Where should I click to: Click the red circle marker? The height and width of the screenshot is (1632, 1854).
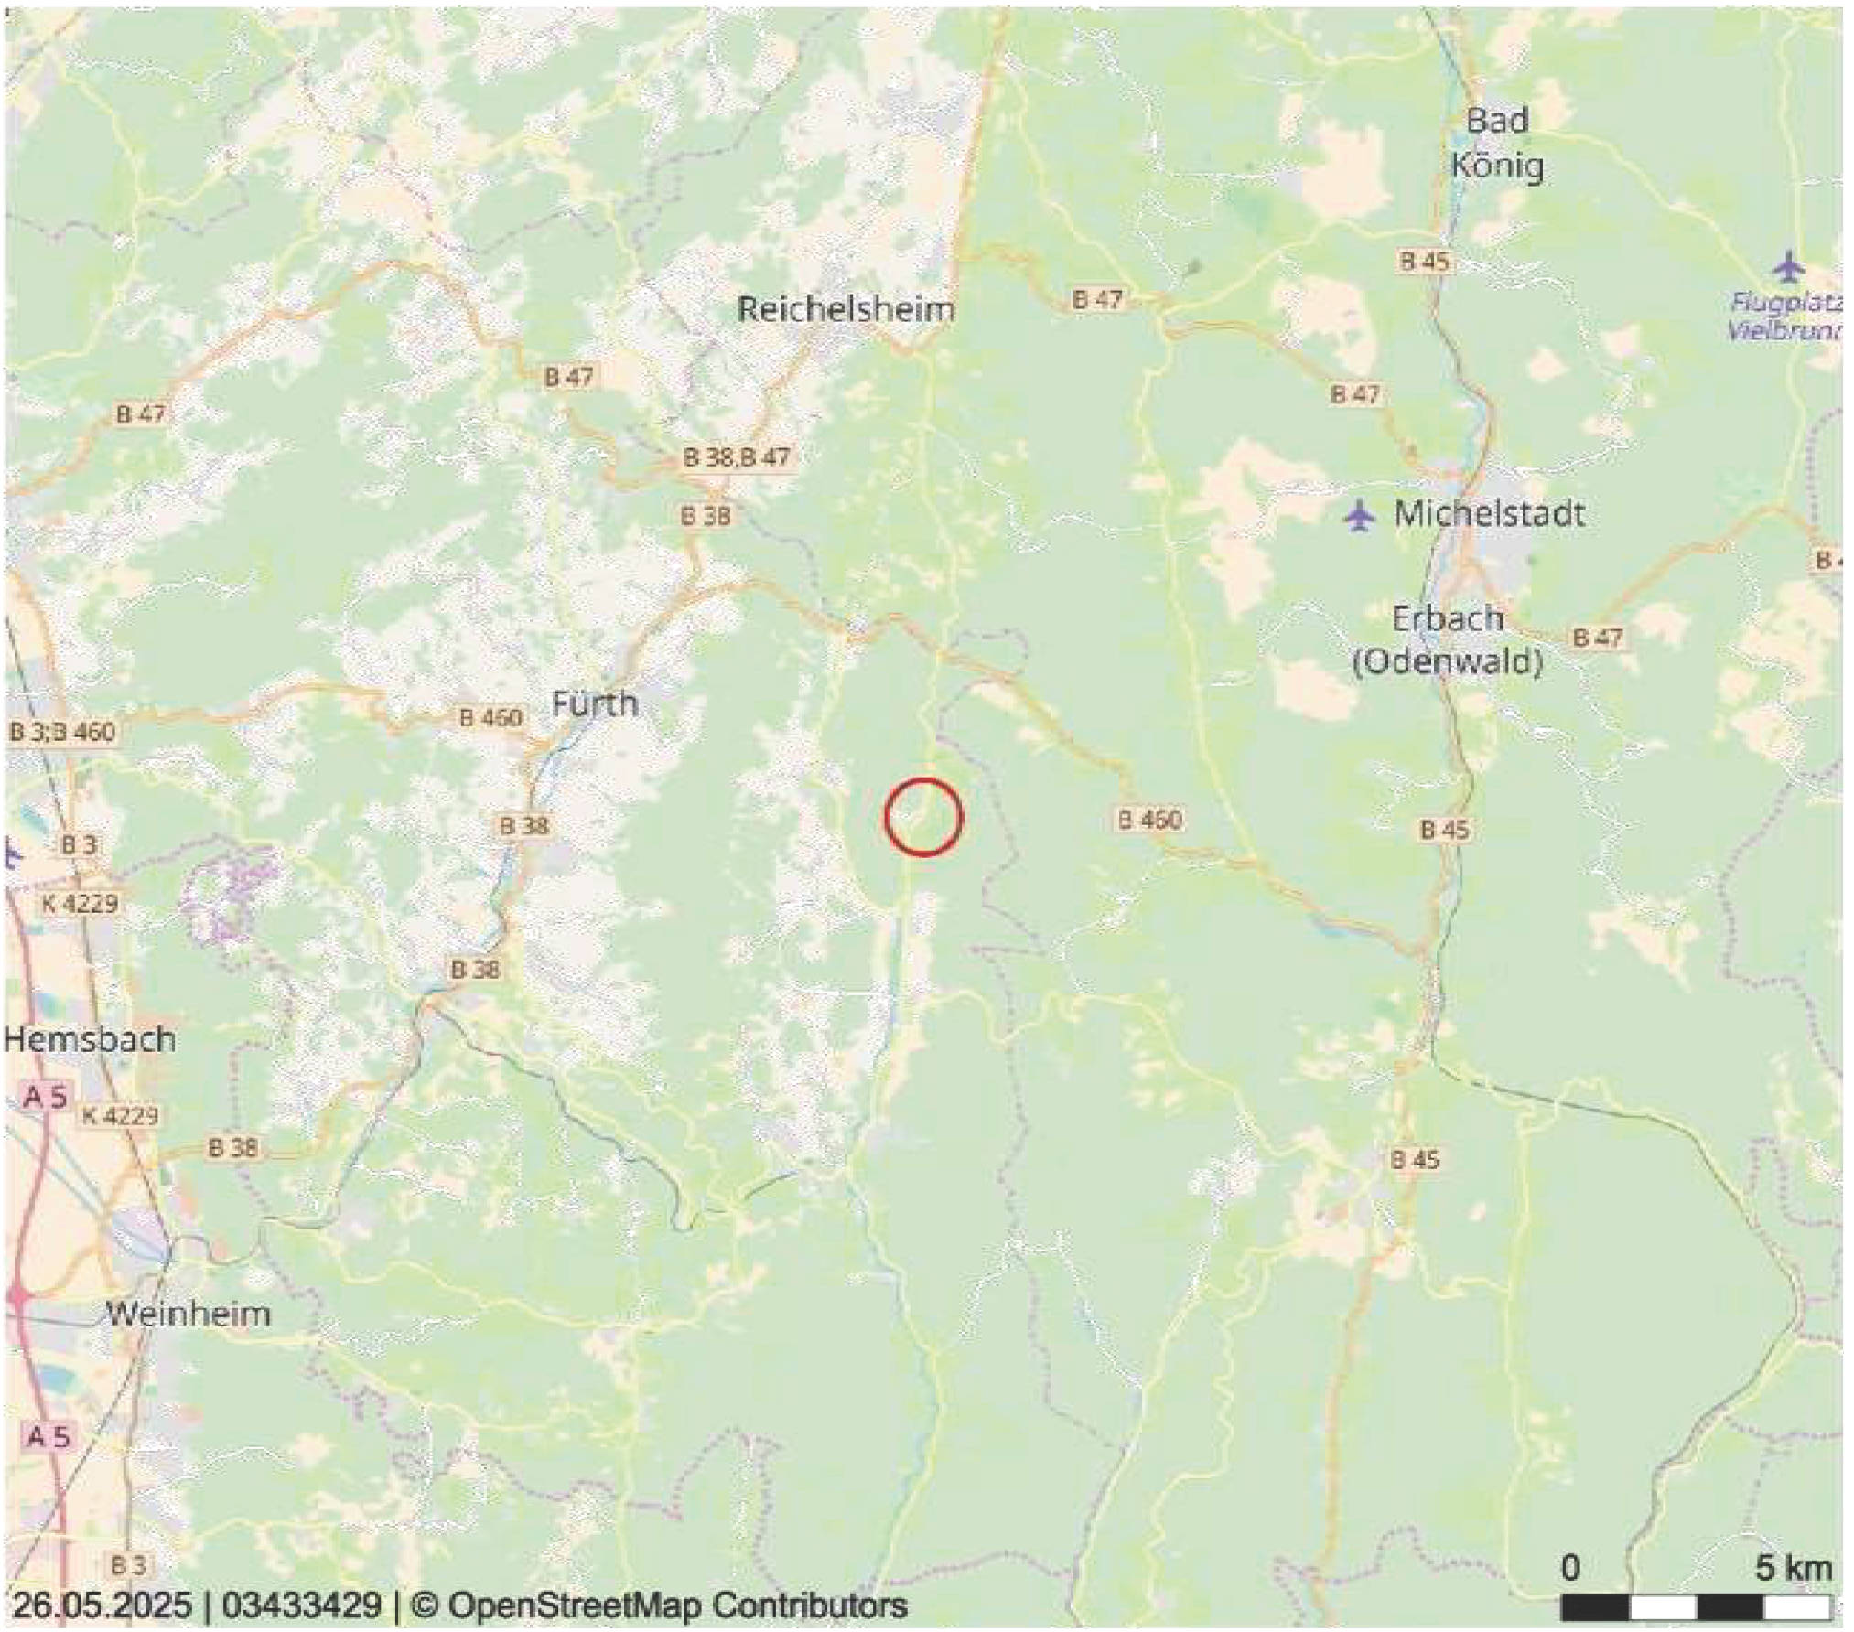pos(923,817)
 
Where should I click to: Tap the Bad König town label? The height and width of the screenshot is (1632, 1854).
pos(1497,144)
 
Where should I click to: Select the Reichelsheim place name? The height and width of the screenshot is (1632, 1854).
pos(846,309)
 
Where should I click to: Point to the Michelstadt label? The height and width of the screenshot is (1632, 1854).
pos(1489,513)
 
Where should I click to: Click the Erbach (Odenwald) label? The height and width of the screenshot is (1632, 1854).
pos(1448,639)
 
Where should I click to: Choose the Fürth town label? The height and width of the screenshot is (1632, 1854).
pos(595,703)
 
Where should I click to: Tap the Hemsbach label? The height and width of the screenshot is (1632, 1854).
pos(90,1039)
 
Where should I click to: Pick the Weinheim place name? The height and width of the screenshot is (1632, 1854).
pos(189,1315)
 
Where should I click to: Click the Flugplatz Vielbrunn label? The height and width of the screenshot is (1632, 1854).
pos(1784,316)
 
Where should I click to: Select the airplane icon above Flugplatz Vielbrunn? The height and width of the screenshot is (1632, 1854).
pos(1787,267)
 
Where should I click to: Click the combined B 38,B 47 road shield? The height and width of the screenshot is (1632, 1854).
pos(736,456)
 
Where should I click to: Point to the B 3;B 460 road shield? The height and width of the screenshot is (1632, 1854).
pos(62,732)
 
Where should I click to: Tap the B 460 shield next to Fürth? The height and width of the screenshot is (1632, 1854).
pos(490,717)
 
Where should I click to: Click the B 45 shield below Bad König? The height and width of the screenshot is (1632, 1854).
pos(1424,261)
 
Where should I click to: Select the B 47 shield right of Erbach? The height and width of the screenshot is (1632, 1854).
pos(1598,637)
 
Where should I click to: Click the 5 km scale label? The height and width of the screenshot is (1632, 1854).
pos(1793,1568)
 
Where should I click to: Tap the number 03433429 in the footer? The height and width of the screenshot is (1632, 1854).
pos(301,1605)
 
